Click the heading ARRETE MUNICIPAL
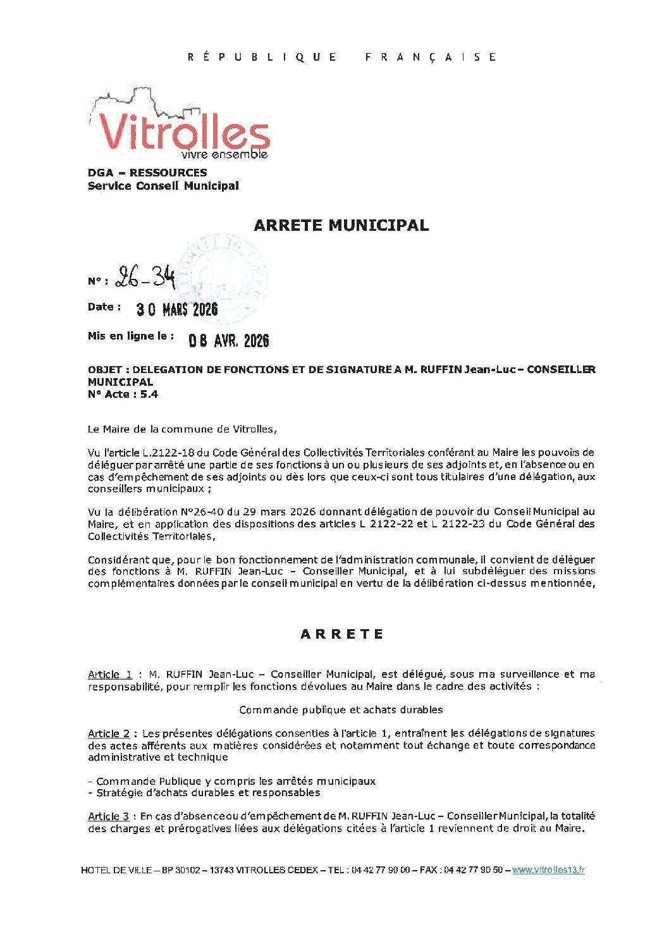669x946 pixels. (x=341, y=225)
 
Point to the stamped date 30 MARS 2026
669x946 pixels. (x=177, y=309)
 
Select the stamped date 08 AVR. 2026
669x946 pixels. (x=229, y=341)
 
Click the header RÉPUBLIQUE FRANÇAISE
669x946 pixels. (x=341, y=57)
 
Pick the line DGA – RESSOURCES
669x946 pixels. (x=147, y=173)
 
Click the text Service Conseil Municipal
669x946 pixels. (x=163, y=186)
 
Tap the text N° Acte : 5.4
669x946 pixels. (x=123, y=395)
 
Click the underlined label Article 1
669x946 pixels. (x=110, y=675)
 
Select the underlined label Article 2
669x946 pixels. (x=109, y=734)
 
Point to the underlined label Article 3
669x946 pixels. (x=108, y=816)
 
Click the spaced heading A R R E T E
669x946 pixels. (x=341, y=634)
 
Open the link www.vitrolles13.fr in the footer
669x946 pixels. (x=548, y=870)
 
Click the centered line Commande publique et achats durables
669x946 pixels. (x=341, y=710)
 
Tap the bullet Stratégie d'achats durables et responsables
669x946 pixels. (x=208, y=793)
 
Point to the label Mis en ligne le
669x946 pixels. (x=131, y=336)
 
